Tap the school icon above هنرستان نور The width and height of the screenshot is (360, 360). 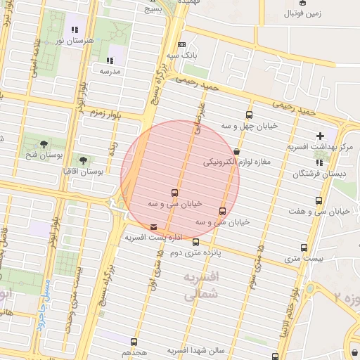pos(75,30)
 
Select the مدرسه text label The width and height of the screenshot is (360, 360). pos(110,71)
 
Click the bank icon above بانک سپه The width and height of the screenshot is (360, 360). pos(182,44)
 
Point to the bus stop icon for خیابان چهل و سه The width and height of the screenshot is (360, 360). pos(249,115)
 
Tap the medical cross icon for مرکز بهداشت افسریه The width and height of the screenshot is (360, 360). pos(321,136)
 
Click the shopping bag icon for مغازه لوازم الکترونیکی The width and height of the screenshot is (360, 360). pos(236,151)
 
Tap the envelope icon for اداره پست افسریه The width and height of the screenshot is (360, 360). pos(154,226)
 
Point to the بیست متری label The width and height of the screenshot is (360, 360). pos(305,259)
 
